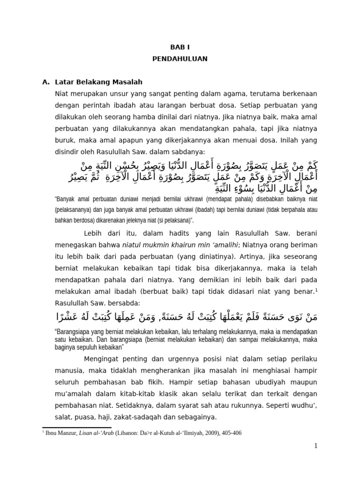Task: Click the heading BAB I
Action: (180, 47)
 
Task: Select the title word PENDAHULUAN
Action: (180, 60)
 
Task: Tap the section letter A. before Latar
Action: (46, 82)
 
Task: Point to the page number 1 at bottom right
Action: (316, 446)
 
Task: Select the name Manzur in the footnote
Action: (67, 433)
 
